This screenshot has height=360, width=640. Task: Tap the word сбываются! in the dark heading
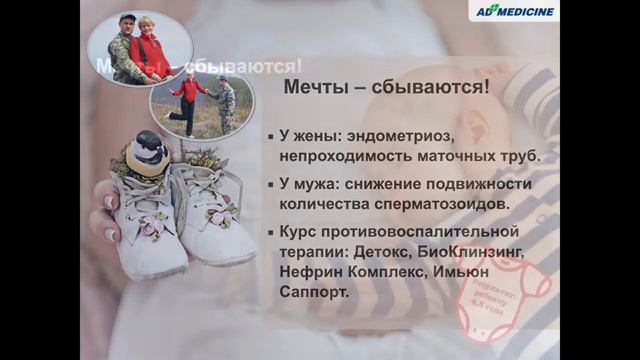tap(431, 88)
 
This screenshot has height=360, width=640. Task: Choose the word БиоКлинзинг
tap(468, 253)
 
